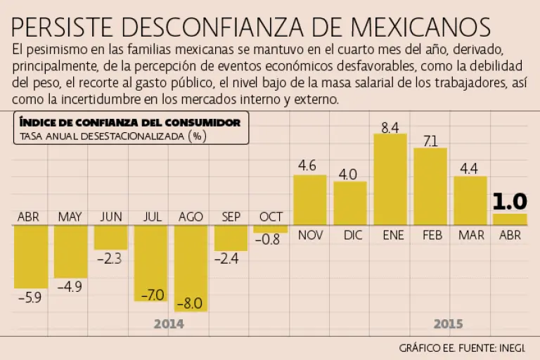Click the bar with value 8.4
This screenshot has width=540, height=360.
(390, 179)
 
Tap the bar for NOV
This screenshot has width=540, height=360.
(309, 200)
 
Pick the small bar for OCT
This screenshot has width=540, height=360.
(271, 229)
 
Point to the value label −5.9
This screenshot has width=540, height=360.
(30, 297)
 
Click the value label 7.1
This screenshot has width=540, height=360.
(430, 141)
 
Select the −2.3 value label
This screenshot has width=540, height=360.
(110, 258)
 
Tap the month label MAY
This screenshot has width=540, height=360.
(70, 216)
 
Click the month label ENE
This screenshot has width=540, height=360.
(392, 236)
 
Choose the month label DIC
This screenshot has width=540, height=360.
(350, 236)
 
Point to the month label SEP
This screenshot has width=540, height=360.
(231, 216)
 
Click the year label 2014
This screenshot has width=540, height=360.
(169, 324)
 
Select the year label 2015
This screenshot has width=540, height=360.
(448, 324)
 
